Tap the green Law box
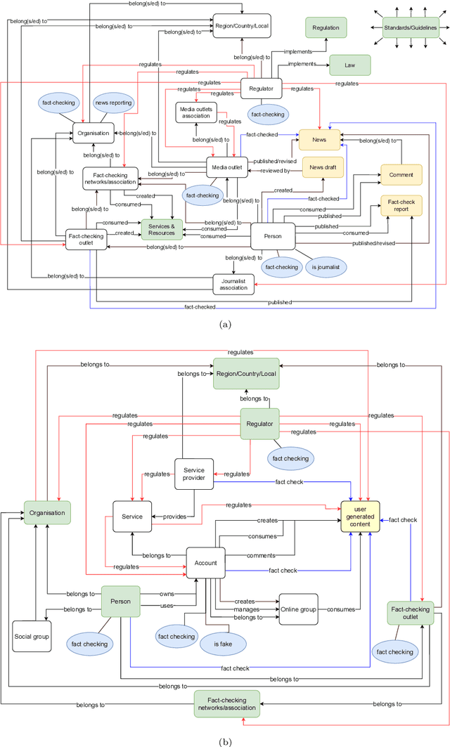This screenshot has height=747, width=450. (349, 64)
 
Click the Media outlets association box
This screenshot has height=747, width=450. (196, 111)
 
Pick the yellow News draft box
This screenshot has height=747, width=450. (322, 166)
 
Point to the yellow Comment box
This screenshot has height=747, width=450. (401, 174)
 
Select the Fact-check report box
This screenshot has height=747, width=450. (401, 204)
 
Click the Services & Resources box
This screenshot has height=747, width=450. (162, 228)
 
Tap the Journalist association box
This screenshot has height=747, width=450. (232, 282)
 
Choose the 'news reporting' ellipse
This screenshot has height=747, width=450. (113, 103)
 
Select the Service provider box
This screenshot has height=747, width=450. (193, 474)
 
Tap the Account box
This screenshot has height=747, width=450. (205, 562)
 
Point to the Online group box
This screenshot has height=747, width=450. (303, 609)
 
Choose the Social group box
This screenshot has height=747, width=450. (32, 637)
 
